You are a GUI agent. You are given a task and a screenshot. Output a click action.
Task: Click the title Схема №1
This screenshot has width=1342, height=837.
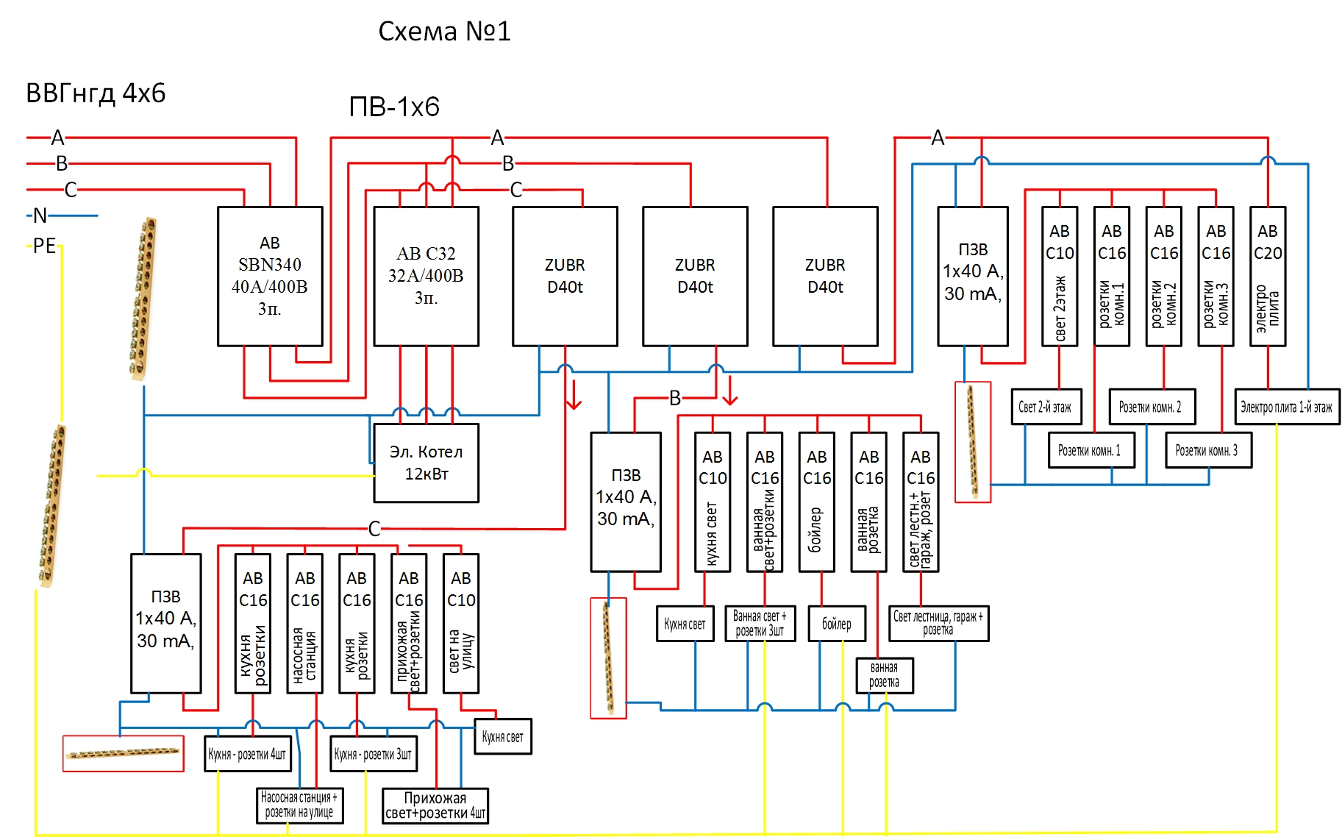[x=444, y=31]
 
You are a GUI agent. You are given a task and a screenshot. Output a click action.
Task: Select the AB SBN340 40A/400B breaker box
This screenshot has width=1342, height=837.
[x=270, y=276]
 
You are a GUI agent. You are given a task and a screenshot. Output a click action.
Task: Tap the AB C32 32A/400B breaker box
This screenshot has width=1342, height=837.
[x=426, y=276]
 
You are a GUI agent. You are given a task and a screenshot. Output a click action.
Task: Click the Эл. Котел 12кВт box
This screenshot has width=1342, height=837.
[x=426, y=463]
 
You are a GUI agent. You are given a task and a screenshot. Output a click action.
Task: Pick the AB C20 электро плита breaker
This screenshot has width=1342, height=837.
[x=1268, y=276]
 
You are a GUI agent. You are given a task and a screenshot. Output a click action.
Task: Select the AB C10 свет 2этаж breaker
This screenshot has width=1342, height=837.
[x=1060, y=276]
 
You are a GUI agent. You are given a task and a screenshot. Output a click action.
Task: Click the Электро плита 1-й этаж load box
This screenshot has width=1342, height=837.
[x=1287, y=407]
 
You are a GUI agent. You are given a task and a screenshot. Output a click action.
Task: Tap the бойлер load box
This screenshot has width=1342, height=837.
[x=837, y=624]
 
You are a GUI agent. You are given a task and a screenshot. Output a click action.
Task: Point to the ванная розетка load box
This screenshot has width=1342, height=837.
[x=885, y=675]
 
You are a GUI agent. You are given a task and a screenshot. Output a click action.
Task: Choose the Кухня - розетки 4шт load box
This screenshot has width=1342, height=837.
[x=248, y=754]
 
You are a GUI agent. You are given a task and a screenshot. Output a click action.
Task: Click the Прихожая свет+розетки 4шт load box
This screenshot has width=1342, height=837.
[x=435, y=806]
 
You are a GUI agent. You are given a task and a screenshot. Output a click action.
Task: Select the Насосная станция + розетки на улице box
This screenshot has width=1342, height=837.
[x=299, y=805]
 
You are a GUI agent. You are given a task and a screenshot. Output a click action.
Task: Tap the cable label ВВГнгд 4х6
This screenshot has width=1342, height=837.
[x=96, y=93]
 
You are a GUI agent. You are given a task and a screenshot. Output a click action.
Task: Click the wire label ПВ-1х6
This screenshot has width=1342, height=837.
[x=394, y=107]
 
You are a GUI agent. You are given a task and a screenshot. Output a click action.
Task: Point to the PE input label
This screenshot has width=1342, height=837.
[x=44, y=246]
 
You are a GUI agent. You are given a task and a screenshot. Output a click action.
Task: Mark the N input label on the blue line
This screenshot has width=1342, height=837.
[x=40, y=216]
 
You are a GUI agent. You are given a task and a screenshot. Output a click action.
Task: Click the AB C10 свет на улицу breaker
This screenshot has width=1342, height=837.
[x=461, y=624]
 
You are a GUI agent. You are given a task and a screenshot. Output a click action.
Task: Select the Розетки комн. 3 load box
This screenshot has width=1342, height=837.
[x=1208, y=450]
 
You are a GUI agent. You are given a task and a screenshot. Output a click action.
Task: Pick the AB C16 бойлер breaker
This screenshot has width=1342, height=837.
[x=817, y=502]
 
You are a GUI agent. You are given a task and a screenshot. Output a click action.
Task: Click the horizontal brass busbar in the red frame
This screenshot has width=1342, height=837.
[x=123, y=752]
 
